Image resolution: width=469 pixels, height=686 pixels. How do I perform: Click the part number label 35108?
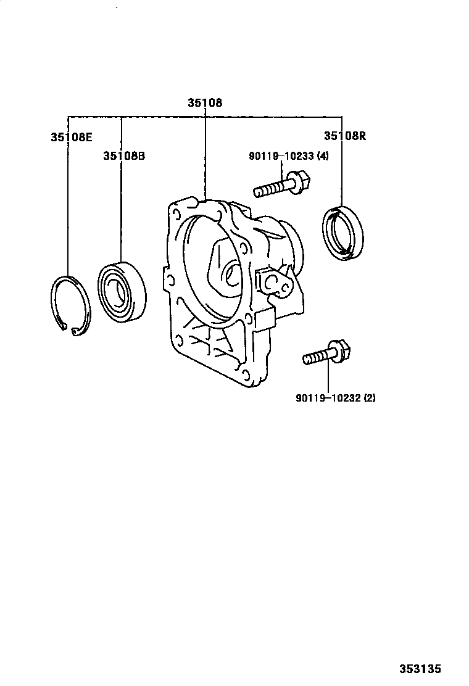click(205, 103)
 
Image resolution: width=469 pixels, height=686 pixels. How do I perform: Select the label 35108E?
click(72, 137)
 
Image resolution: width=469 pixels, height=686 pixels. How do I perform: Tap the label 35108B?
click(124, 156)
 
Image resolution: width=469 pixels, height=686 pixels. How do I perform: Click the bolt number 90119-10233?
click(281, 156)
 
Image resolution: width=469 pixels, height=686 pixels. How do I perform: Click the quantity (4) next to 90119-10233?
click(323, 156)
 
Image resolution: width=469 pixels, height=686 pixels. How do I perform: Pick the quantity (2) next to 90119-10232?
click(370, 398)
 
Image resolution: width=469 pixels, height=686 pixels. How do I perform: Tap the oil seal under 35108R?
click(343, 232)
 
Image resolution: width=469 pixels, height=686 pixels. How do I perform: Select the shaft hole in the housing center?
click(232, 275)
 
